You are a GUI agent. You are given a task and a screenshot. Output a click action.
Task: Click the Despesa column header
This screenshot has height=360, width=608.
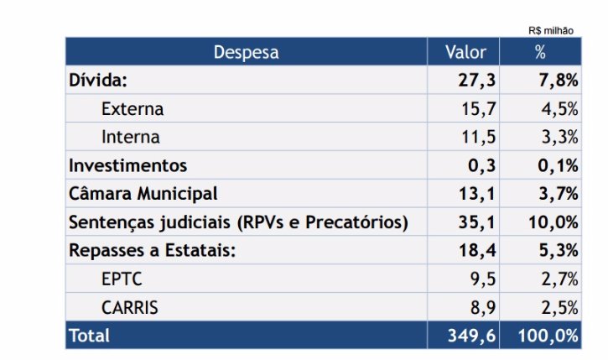click(x=246, y=52)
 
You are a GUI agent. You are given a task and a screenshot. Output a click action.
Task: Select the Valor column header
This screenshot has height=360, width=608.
click(x=466, y=52)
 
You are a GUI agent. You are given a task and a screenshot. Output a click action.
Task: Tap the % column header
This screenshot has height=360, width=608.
click(x=540, y=52)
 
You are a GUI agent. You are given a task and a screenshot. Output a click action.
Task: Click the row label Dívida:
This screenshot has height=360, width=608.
click(x=97, y=81)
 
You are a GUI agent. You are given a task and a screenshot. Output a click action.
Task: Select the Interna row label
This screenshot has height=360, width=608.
click(x=130, y=137)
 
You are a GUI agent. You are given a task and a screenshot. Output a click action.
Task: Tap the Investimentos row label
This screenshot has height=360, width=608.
click(x=127, y=165)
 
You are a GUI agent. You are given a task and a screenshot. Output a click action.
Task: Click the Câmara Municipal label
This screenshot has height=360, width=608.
click(x=143, y=194)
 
